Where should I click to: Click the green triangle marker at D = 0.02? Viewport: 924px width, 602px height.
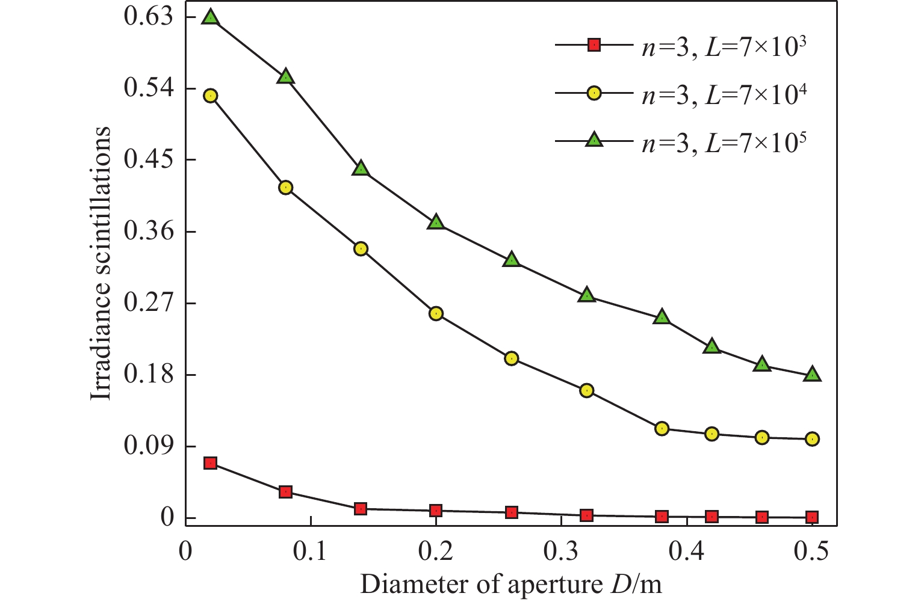tap(210, 17)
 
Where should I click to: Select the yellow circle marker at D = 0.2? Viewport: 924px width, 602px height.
tap(436, 313)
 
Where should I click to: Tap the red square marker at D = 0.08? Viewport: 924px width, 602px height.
tap(285, 492)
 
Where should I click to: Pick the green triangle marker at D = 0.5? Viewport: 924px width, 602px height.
tap(812, 374)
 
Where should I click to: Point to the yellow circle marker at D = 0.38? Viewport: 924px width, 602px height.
tap(662, 428)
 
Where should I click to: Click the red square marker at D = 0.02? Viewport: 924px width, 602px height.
tap(210, 462)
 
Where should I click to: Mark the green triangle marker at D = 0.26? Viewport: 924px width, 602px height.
tap(511, 260)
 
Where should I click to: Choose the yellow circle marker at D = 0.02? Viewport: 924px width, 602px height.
tap(210, 96)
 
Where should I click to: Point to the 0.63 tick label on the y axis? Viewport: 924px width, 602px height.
tap(148, 17)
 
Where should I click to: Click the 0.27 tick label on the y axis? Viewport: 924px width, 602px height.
tap(148, 303)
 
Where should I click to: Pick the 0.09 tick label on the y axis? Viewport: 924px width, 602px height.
tap(148, 446)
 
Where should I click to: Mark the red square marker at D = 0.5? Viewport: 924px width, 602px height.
tap(812, 517)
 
